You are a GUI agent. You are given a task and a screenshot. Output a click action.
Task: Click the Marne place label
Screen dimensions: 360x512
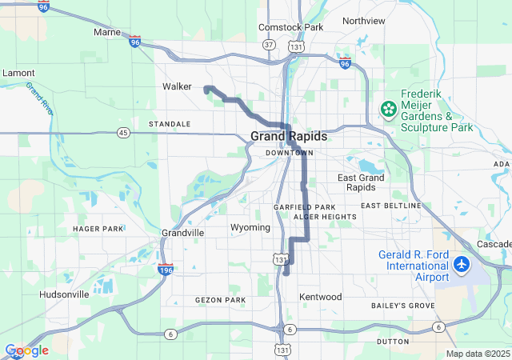coord(106,32)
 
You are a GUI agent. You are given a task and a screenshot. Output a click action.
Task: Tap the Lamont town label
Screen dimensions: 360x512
coord(18,73)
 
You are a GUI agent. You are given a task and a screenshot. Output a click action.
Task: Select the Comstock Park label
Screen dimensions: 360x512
coord(290,27)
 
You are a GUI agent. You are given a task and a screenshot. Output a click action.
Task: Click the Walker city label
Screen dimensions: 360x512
coord(177,86)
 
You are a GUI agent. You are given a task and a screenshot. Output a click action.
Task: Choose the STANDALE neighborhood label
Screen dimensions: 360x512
coord(170,124)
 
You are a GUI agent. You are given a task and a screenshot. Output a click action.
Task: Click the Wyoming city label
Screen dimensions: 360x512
coord(250,227)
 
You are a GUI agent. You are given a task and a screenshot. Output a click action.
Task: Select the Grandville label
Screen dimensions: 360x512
coord(182,233)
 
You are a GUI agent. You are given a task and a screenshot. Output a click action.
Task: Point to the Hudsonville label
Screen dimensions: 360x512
coord(64,294)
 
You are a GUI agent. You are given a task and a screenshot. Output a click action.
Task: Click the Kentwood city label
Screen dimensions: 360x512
coord(320,297)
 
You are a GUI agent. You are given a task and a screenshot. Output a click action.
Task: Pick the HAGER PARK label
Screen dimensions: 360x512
coord(98,229)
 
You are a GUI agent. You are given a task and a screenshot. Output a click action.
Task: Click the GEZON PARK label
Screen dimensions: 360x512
coord(220,300)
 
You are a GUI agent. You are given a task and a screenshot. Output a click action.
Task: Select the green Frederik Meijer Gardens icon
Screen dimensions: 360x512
coord(388,108)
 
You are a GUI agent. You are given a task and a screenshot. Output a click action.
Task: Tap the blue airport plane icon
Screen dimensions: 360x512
coord(462,263)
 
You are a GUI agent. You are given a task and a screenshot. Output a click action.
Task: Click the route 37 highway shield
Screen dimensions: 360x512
coord(270,46)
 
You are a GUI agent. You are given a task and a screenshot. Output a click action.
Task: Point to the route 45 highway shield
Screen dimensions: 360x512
coord(122,132)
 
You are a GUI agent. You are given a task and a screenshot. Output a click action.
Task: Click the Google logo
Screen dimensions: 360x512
coord(27,350)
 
